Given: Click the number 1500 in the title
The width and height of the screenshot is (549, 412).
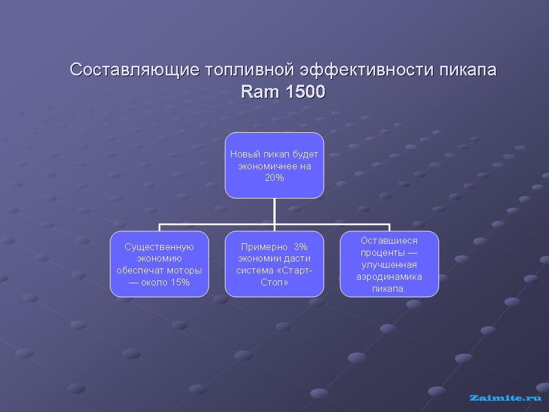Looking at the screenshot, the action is pyautogui.click(x=305, y=92).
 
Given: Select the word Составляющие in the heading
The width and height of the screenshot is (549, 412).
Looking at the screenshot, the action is pyautogui.click(x=134, y=70).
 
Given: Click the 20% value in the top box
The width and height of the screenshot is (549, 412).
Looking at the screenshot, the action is pyautogui.click(x=274, y=178).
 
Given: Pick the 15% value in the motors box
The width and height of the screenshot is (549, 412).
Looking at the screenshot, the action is pyautogui.click(x=180, y=282).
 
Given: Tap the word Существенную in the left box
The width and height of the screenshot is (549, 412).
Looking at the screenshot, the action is pyautogui.click(x=160, y=247).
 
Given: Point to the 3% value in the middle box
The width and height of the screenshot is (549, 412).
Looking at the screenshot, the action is pyautogui.click(x=301, y=247).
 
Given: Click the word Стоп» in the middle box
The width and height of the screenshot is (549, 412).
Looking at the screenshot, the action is pyautogui.click(x=274, y=282).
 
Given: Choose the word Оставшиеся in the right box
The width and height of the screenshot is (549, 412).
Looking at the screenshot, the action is pyautogui.click(x=389, y=241).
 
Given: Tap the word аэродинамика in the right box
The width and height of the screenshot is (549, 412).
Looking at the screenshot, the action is pyautogui.click(x=389, y=277).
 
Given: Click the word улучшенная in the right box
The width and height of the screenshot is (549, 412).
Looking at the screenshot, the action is pyautogui.click(x=389, y=265).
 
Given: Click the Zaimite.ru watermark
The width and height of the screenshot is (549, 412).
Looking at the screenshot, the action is pyautogui.click(x=505, y=398).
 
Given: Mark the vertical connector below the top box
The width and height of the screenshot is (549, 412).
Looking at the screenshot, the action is pyautogui.click(x=274, y=211).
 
